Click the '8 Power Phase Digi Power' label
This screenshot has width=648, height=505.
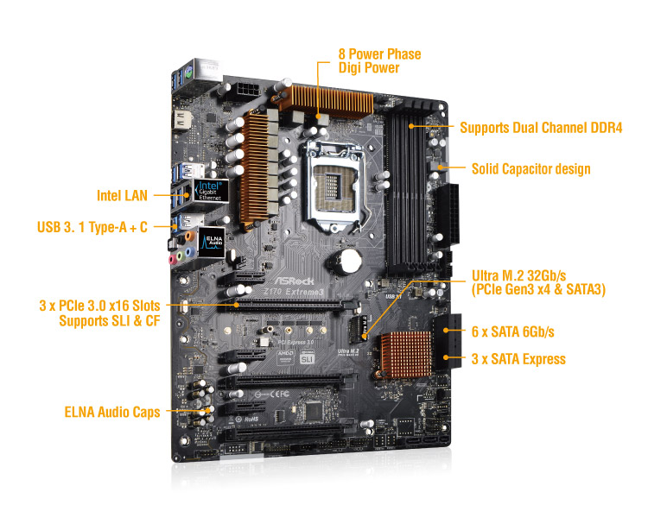[379, 60]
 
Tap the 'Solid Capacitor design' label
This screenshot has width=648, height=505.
[530, 168]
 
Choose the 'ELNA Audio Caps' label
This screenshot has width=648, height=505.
[111, 412]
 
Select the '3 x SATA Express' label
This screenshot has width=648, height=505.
[518, 359]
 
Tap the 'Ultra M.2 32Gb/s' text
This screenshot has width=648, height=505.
[525, 276]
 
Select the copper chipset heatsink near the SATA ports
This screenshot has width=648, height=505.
[410, 353]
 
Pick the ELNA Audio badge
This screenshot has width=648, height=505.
[213, 243]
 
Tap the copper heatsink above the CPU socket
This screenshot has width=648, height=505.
[319, 103]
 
